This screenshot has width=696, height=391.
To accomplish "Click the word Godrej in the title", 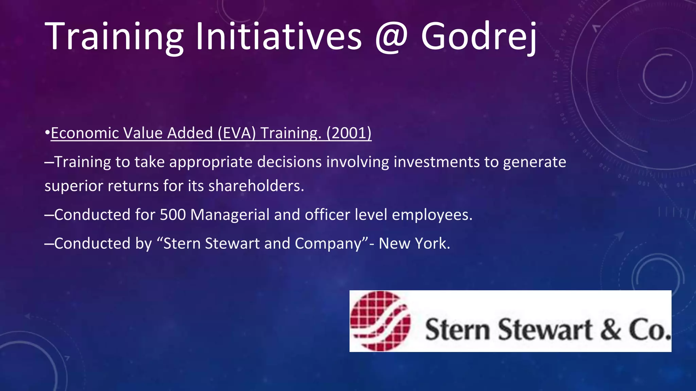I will tap(478, 37).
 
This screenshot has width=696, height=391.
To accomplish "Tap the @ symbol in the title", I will tap(391, 37).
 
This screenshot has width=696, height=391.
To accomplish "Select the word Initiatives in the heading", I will tap(278, 37).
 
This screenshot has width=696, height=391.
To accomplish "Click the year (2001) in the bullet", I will tap(349, 133).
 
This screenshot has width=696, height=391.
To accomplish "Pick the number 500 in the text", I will tap(173, 215).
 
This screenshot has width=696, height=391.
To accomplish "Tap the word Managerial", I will tap(230, 215).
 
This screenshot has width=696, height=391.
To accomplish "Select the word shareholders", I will tap(256, 186).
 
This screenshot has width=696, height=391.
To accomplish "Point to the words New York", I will tap(414, 243).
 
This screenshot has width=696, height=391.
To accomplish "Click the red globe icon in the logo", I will tap(380, 321).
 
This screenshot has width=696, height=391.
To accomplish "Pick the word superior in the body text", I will tap(73, 186).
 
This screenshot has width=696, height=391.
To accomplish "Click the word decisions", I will tap(289, 162).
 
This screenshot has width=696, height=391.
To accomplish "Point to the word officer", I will tap(327, 215).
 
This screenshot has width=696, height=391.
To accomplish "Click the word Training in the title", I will tap(114, 37).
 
